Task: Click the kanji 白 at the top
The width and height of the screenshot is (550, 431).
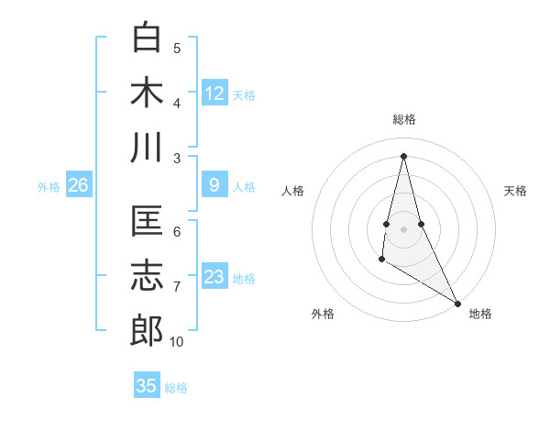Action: (x=148, y=38)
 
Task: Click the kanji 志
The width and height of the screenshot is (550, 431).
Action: (x=148, y=276)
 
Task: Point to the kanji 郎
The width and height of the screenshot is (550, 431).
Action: (x=148, y=330)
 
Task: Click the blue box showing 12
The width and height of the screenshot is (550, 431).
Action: (x=214, y=94)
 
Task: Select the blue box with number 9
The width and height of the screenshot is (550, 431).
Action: (x=214, y=186)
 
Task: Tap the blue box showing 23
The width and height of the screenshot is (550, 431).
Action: (x=214, y=277)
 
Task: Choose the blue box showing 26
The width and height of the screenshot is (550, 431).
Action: (x=79, y=186)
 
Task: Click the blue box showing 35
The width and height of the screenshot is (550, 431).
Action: (x=147, y=386)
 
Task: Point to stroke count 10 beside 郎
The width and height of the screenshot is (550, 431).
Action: (x=177, y=342)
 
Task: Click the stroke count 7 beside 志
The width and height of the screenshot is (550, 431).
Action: (x=177, y=287)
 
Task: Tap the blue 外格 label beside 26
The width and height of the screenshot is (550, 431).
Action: (x=49, y=187)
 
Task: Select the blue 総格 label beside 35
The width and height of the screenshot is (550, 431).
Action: (x=176, y=387)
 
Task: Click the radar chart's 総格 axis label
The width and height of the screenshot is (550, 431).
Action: (x=403, y=119)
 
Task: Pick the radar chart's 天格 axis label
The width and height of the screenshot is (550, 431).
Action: (x=515, y=191)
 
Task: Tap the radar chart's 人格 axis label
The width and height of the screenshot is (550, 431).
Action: (x=293, y=191)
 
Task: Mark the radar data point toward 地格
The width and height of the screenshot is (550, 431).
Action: (x=457, y=304)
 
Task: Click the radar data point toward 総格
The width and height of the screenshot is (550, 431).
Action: (x=403, y=155)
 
